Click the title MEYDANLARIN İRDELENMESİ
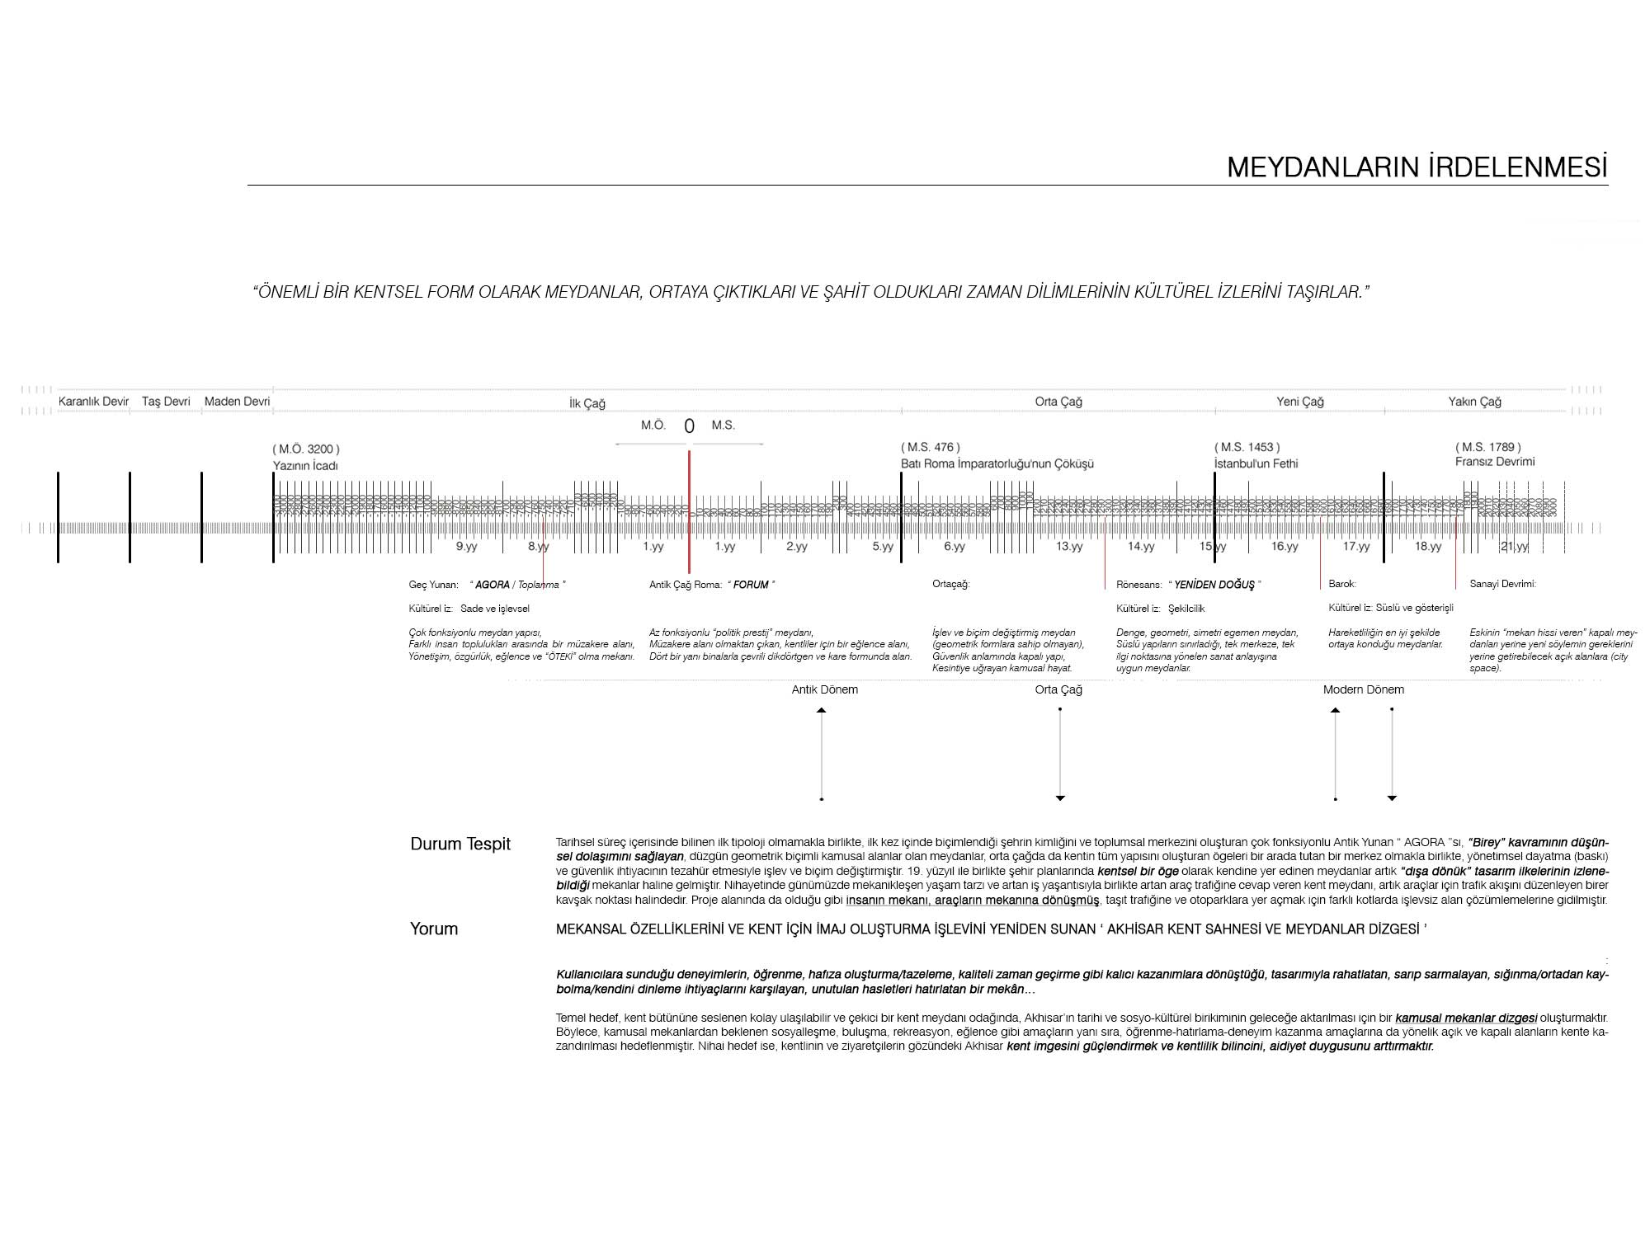(x=1417, y=167)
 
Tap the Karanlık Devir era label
(x=93, y=402)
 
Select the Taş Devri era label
(x=166, y=402)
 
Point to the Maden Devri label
(x=237, y=402)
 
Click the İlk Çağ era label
(x=587, y=403)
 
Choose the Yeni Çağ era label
(x=1299, y=402)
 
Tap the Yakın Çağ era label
(x=1474, y=402)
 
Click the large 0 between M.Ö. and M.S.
(x=689, y=426)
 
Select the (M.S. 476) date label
(x=931, y=447)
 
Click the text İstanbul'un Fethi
(x=1256, y=463)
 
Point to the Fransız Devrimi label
(x=1494, y=462)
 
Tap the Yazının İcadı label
(x=305, y=466)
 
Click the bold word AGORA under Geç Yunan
(x=493, y=585)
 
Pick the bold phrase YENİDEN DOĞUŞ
(x=1214, y=585)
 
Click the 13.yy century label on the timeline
(x=1069, y=547)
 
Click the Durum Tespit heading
(x=460, y=844)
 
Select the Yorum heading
(x=434, y=929)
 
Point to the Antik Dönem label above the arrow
(x=824, y=689)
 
